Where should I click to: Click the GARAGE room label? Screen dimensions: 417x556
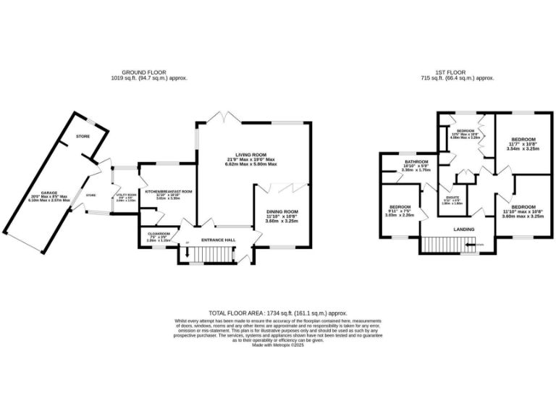49,193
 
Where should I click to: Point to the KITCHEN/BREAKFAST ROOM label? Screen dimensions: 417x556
168,191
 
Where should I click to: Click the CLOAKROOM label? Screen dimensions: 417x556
159,234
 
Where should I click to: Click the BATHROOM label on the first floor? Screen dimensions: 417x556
416,161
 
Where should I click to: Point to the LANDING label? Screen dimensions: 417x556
464,229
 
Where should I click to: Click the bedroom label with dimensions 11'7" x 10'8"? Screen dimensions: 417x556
523,139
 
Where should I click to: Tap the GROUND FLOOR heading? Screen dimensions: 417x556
148,72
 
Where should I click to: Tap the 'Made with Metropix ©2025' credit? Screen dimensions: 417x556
278,345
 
